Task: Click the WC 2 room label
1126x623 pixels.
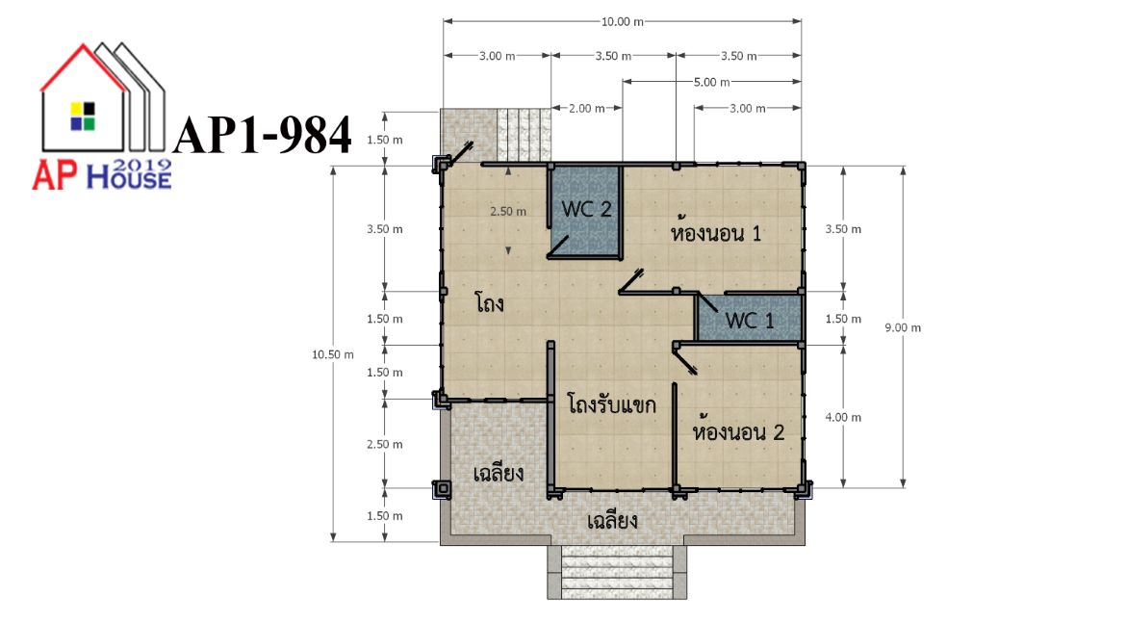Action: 586,209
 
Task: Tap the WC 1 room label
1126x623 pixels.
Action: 750,321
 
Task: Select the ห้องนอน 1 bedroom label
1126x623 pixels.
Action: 715,231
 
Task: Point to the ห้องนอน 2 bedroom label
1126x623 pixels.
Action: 738,431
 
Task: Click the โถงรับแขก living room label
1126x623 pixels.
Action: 611,403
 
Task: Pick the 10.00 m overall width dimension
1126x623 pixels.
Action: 622,21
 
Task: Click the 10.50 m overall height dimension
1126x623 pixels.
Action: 332,354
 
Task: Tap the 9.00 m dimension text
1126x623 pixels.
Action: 903,327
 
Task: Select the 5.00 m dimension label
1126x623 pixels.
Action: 711,82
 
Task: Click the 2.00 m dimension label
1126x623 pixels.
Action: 587,109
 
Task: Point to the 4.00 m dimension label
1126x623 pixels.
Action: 843,418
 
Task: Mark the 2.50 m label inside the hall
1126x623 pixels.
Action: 508,211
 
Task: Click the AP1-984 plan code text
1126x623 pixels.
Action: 263,135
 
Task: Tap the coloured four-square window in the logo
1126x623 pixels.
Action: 83,117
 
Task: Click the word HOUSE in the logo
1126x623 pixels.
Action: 129,177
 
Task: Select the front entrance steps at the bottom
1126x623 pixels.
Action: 617,572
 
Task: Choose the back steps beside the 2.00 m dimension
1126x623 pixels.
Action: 524,135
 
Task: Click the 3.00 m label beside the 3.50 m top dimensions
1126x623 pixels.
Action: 497,56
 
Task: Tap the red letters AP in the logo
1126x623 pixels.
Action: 56,176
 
